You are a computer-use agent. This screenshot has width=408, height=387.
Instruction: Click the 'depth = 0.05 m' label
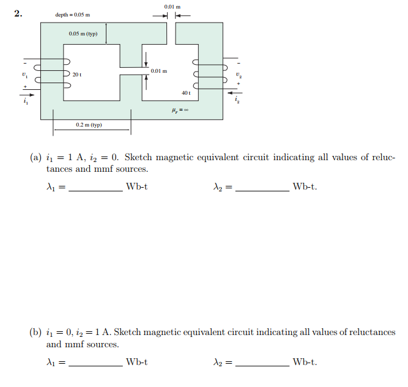72,14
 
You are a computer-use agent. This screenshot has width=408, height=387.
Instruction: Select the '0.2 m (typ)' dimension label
89,125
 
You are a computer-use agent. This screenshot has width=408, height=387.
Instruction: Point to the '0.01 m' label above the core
172,6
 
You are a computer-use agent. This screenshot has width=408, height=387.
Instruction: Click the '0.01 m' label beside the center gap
159,72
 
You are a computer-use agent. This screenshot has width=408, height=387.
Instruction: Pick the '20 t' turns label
76,74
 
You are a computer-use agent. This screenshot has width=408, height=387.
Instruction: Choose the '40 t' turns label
186,93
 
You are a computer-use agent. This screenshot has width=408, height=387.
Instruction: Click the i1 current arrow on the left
29,95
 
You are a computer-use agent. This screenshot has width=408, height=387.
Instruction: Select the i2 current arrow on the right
234,93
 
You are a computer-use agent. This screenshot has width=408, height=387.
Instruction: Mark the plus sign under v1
25,87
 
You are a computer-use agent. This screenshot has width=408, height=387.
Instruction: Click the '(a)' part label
35,158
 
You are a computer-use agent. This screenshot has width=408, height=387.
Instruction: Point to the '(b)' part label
35,333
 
